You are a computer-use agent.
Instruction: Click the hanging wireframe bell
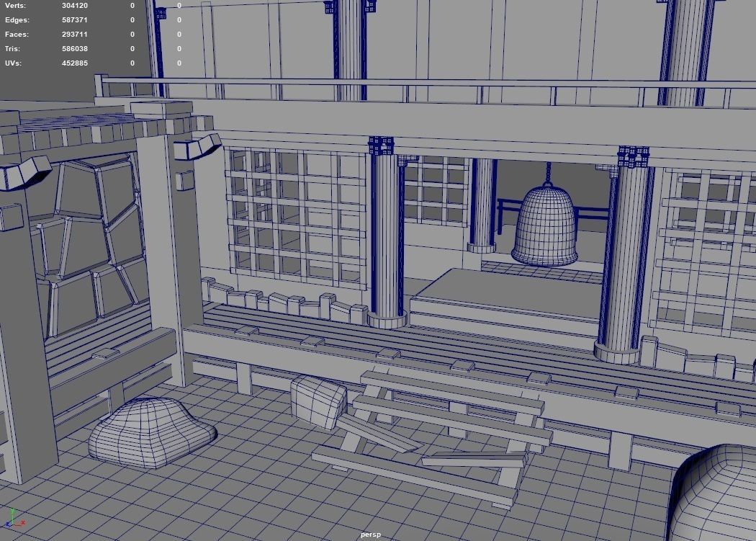[545, 226]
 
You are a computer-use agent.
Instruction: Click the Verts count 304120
[75, 6]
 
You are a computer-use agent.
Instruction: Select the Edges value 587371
[75, 20]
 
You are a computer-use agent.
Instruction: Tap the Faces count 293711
[75, 35]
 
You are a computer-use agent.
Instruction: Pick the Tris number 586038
[75, 49]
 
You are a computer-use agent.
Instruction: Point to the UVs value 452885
[75, 63]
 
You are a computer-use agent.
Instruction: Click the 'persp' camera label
[370, 535]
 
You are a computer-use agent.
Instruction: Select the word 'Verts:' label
[15, 6]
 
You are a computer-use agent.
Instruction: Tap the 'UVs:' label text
[13, 63]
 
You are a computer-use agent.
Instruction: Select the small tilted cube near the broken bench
[318, 401]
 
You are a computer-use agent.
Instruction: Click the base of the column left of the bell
[387, 319]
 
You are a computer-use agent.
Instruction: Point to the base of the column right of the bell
[616, 352]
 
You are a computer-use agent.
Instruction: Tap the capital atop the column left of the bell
[381, 146]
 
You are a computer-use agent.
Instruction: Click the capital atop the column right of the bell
[633, 157]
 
